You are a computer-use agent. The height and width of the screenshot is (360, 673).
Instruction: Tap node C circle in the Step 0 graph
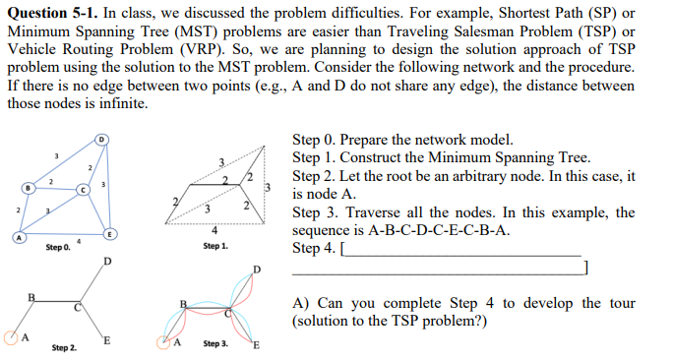(x=85, y=187)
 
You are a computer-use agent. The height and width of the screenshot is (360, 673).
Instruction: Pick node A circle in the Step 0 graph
(x=15, y=236)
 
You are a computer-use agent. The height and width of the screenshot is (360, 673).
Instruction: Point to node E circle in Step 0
(x=111, y=233)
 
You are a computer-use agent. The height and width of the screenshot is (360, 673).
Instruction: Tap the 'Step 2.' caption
(x=66, y=347)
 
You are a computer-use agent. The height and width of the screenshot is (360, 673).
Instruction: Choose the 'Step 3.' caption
(x=216, y=344)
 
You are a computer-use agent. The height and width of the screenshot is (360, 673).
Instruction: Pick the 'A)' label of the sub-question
(x=302, y=302)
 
